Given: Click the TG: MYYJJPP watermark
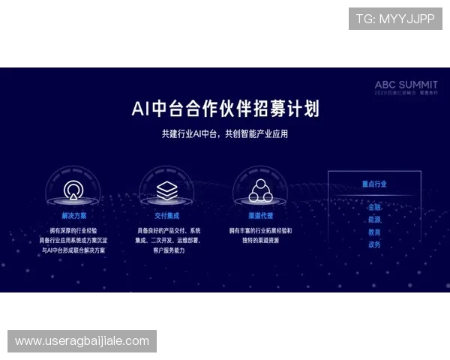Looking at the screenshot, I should pyautogui.click(x=395, y=19).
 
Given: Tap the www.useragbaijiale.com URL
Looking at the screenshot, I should pyautogui.click(x=82, y=341).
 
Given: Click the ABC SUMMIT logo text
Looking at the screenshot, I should pyautogui.click(x=405, y=85).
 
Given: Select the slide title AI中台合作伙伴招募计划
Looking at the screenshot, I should pyautogui.click(x=225, y=109).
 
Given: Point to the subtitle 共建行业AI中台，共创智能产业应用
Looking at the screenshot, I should pyautogui.click(x=225, y=134).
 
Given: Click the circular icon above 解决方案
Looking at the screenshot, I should pyautogui.click(x=73, y=189).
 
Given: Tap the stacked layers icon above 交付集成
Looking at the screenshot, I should pyautogui.click(x=166, y=189).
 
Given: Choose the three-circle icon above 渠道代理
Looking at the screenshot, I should pyautogui.click(x=260, y=190).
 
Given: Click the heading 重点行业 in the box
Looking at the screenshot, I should pyautogui.click(x=374, y=184).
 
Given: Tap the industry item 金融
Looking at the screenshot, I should pyautogui.click(x=374, y=207).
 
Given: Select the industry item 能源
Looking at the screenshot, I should pyautogui.click(x=374, y=220).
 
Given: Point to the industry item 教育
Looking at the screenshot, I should pyautogui.click(x=374, y=232).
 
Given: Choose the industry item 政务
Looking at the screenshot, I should pyautogui.click(x=374, y=245).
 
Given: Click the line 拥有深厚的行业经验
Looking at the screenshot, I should pyautogui.click(x=73, y=230).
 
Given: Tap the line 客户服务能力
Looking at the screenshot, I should pyautogui.click(x=166, y=250).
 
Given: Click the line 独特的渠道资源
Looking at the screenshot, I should pyautogui.click(x=260, y=240).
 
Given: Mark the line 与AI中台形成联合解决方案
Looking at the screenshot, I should pyautogui.click(x=73, y=250).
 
